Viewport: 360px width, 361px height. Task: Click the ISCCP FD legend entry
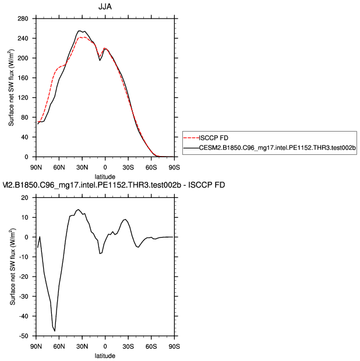(x=214, y=137)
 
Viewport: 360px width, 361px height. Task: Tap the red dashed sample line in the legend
(x=192, y=138)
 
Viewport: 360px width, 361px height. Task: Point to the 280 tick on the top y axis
(x=24, y=19)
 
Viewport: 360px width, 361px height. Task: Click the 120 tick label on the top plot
(x=24, y=97)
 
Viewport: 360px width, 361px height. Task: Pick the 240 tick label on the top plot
(x=24, y=38)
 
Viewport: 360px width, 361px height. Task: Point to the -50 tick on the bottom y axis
(x=24, y=336)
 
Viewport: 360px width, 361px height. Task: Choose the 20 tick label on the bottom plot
(x=25, y=197)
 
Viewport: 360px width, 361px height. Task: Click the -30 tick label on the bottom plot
(x=24, y=296)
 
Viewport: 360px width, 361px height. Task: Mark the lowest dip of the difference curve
(x=55, y=331)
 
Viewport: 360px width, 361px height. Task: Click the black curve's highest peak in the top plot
(x=80, y=31)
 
